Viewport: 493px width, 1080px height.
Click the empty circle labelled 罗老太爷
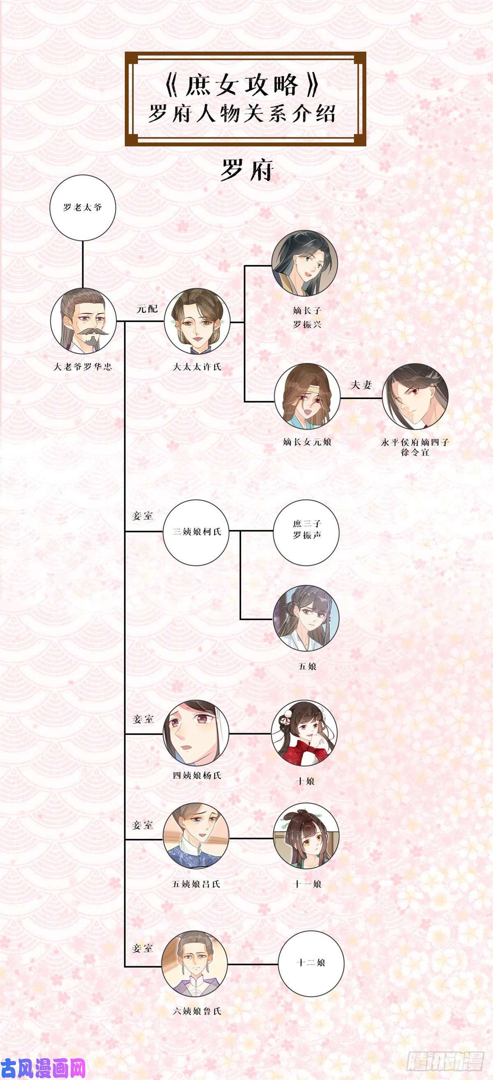[83, 208]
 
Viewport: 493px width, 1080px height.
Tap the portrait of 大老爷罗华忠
[83, 321]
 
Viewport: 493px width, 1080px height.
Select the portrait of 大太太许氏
[197, 321]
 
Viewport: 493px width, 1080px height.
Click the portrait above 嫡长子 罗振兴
[305, 263]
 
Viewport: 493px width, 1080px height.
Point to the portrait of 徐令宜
[415, 396]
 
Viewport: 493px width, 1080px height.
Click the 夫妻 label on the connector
[361, 385]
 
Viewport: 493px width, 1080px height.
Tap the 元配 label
[147, 309]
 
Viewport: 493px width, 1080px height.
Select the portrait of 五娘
[306, 618]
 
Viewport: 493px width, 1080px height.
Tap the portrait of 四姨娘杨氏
[196, 733]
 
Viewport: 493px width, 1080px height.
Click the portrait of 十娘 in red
[305, 733]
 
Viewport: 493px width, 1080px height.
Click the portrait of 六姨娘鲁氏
[195, 964]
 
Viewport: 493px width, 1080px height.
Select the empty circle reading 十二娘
[311, 964]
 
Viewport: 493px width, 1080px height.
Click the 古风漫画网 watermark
[43, 1068]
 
